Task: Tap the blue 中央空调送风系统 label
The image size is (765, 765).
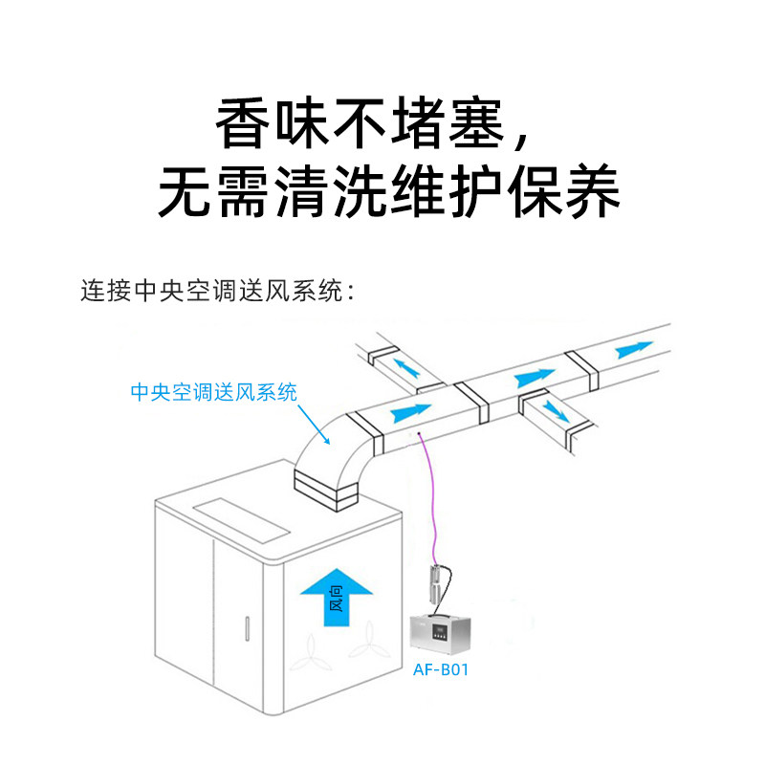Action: click(213, 391)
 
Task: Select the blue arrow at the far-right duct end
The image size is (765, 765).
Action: click(635, 349)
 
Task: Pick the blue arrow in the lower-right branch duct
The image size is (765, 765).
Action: click(554, 411)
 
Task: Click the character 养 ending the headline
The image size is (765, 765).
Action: click(587, 191)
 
